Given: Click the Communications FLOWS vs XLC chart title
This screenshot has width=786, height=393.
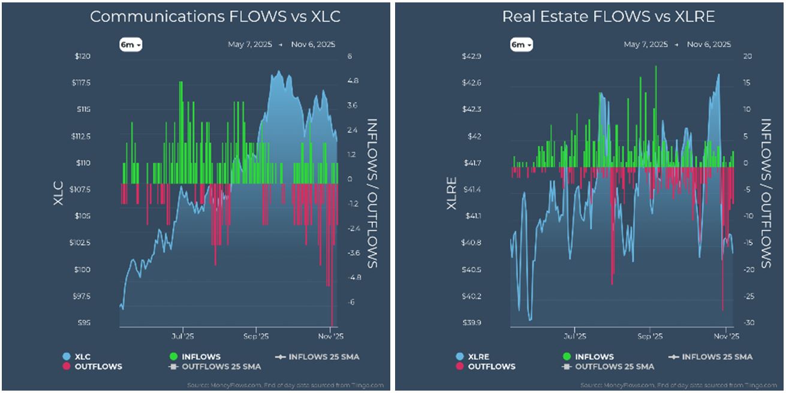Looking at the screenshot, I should pyautogui.click(x=215, y=17).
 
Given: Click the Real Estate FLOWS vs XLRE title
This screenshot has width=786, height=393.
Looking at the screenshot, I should pyautogui.click(x=609, y=17).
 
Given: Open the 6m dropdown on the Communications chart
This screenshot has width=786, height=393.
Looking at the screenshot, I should pyautogui.click(x=130, y=45).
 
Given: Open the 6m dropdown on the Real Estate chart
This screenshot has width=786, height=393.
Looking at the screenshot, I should pyautogui.click(x=521, y=45).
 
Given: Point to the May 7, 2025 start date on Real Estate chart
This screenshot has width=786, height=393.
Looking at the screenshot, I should pyautogui.click(x=646, y=45).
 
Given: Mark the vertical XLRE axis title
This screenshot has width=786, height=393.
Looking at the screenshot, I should pyautogui.click(x=451, y=193).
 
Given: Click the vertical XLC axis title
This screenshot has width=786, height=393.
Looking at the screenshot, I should pyautogui.click(x=58, y=193).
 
